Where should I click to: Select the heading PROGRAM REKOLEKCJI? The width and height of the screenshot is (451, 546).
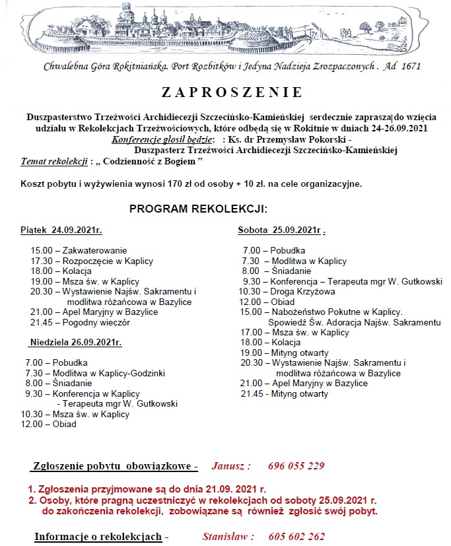tap(198, 209)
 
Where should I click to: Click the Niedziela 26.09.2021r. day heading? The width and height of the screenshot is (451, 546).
tap(75, 343)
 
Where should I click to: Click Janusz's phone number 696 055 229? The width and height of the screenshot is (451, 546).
tap(296, 466)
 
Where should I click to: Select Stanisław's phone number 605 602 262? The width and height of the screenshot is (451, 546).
tap(296, 537)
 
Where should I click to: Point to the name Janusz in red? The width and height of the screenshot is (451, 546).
tap(231, 466)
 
